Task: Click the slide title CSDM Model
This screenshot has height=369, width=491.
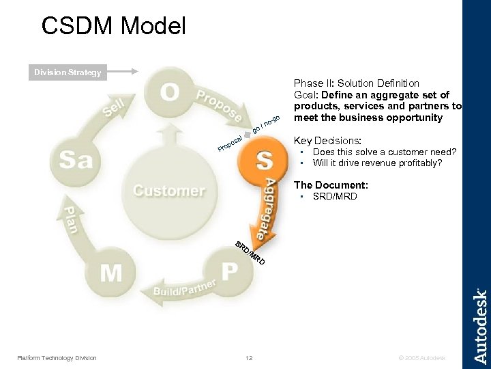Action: (113, 26)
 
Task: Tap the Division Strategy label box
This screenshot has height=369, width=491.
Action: (68, 72)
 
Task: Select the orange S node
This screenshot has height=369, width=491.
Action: (265, 161)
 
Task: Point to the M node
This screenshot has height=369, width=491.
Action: (111, 273)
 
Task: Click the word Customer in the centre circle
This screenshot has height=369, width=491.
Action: (168, 190)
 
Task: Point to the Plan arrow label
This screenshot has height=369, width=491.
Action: (72, 219)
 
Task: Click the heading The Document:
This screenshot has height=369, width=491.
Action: (331, 185)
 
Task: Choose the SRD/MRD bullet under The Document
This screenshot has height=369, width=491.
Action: (334, 197)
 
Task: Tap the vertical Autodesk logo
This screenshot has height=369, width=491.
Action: (480, 326)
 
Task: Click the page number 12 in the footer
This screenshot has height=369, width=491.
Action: (249, 358)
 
